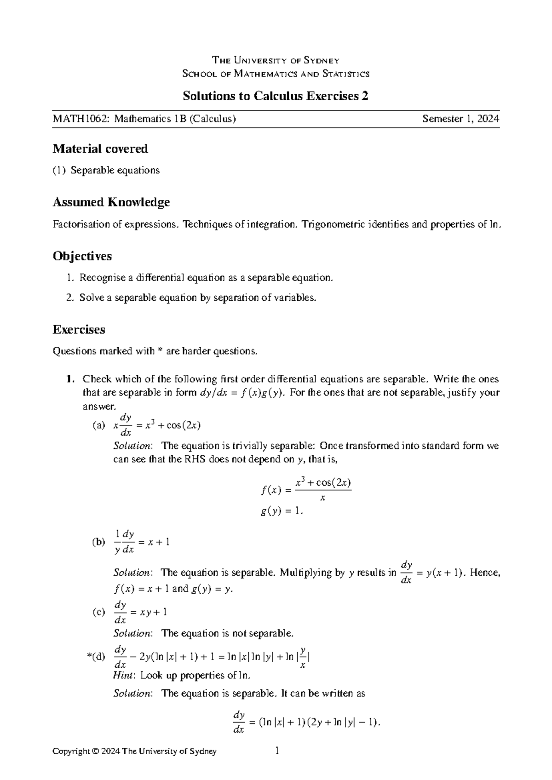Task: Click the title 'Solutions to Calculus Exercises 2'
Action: point(276,96)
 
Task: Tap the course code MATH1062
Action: point(81,119)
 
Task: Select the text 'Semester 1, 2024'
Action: point(460,119)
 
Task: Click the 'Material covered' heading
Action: point(100,149)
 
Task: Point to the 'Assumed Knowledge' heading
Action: point(111,202)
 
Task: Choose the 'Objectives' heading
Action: point(82,256)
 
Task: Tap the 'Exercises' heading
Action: point(79,329)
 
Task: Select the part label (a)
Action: point(98,426)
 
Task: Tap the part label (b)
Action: point(98,542)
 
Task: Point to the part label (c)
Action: point(98,612)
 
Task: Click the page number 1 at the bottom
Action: point(276,751)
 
